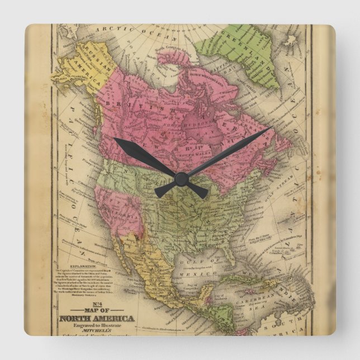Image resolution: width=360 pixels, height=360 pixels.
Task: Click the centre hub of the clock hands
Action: click(x=181, y=178)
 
